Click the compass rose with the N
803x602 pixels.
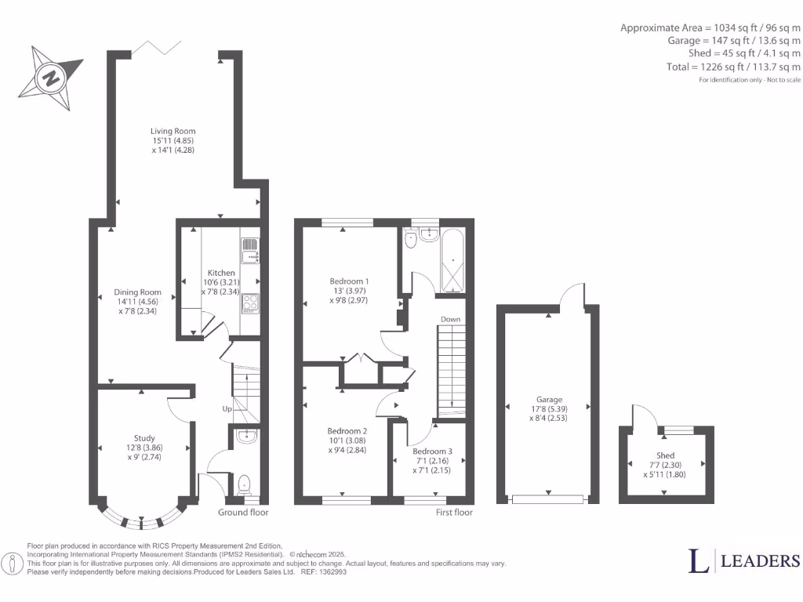coord(50,78)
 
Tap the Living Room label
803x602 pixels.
coord(173,140)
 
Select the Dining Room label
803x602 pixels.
coord(137,301)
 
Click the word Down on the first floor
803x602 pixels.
coord(450,320)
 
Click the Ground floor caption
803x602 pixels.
coord(243,513)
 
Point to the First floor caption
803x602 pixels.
coord(454,513)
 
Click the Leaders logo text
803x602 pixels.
coord(744,560)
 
